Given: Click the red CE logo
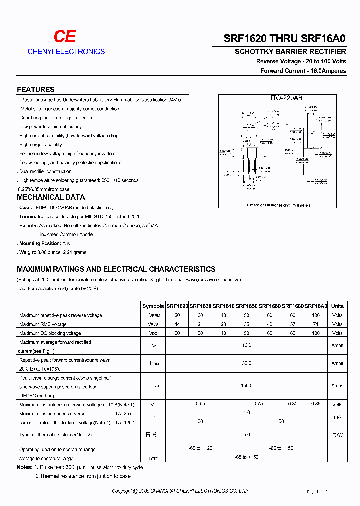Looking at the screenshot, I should point(65,36).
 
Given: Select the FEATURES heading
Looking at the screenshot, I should point(36,89).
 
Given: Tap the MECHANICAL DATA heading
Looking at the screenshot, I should point(51,197).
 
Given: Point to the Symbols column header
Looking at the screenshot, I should point(153,306).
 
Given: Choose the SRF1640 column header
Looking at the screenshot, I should point(223,306).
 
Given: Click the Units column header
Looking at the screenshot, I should point(337,306).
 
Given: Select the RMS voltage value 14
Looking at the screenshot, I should point(177,324).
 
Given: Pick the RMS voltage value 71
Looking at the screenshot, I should point(315,324).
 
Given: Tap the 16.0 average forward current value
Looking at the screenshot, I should point(246,345).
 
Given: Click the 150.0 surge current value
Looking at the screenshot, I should point(246,385).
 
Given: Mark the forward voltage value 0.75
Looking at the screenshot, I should point(258,403).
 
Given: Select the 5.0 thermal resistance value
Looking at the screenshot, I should point(246,435).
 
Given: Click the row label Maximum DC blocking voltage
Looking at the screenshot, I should point(50,333).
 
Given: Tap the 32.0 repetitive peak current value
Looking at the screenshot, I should point(246,363).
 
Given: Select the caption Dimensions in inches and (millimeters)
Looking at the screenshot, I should point(279,205).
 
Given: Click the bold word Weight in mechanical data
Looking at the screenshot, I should point(28,252).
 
